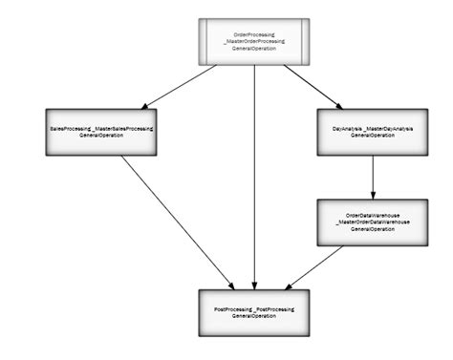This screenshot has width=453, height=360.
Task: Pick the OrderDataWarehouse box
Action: tap(372, 222)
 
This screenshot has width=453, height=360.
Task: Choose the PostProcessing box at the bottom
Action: tap(254, 311)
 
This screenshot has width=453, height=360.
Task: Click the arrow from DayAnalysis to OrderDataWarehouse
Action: tap(372, 176)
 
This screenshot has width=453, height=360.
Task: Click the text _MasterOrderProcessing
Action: tap(254, 42)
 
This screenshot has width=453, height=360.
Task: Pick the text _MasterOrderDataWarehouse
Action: tap(372, 222)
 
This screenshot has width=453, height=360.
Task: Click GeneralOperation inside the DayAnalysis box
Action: tap(372, 135)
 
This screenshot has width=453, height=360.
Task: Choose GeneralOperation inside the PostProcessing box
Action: tap(254, 315)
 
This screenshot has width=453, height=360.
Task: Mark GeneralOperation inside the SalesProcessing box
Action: tap(101, 135)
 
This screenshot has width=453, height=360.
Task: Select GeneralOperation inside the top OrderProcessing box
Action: tap(254, 49)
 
